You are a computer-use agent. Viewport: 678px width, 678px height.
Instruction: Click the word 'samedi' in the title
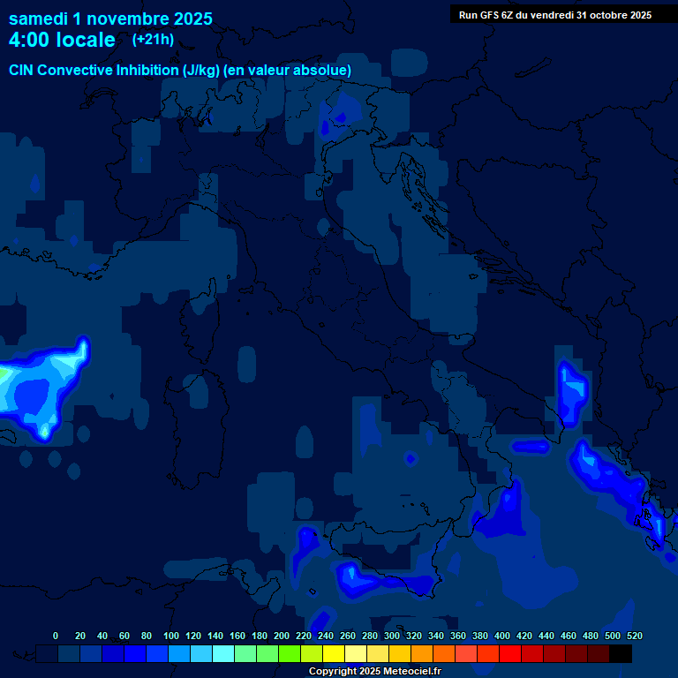(x=38, y=18)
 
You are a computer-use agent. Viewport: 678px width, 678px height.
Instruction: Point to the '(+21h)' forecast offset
(x=153, y=40)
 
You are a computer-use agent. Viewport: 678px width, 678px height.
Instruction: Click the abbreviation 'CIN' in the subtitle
(x=24, y=70)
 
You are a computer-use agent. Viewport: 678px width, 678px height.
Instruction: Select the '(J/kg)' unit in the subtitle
(x=202, y=70)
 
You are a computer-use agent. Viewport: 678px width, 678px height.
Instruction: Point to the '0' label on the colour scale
(x=56, y=636)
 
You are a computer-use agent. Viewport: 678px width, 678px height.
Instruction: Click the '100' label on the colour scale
(x=171, y=636)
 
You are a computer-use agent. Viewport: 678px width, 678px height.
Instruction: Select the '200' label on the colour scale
(x=282, y=636)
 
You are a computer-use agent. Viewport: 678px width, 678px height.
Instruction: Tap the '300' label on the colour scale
(x=392, y=636)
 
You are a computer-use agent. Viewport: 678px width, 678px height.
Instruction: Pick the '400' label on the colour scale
(x=502, y=636)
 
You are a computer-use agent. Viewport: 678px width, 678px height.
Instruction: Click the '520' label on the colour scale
(x=634, y=636)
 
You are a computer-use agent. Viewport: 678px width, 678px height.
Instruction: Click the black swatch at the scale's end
(x=621, y=653)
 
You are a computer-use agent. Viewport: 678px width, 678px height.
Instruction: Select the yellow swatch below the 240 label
(x=334, y=653)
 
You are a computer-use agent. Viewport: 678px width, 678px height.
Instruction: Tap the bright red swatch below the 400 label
(x=510, y=653)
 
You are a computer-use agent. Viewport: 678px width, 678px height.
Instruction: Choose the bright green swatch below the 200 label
(x=290, y=653)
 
